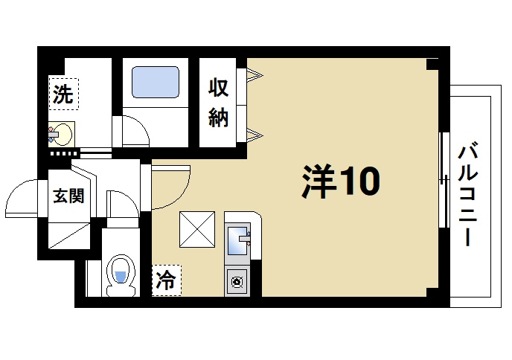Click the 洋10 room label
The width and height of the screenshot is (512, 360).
(x=340, y=181)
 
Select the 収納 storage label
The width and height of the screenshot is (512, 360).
(x=218, y=103)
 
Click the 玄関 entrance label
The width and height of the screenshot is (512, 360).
(x=68, y=196)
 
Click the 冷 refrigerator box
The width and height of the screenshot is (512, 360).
(x=166, y=280)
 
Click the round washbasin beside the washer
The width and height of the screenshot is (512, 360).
(x=63, y=135)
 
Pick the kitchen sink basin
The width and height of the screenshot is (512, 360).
(x=237, y=240)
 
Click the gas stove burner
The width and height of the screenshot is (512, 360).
(x=238, y=282)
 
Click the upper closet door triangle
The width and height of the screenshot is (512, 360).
(x=254, y=74)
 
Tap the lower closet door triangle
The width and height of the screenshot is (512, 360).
(x=254, y=134)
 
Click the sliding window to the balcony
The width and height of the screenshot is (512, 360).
(x=444, y=179)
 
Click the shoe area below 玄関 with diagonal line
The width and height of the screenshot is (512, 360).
(x=68, y=234)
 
